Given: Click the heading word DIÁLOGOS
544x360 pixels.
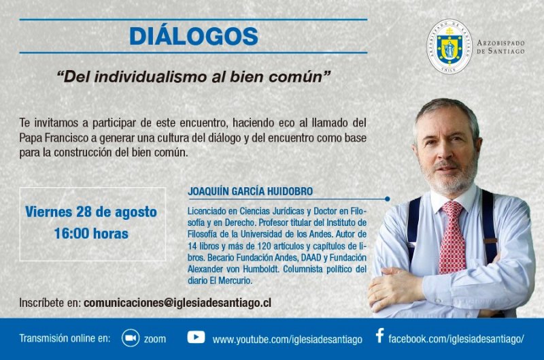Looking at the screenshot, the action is pos(194,36).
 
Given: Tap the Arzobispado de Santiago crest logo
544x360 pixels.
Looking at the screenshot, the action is pos(449,46).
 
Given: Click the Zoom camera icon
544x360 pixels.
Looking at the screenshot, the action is pos(131,338).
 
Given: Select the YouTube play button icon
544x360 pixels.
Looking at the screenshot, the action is pos(196,337).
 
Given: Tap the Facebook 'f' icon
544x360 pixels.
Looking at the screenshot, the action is pos(380,336).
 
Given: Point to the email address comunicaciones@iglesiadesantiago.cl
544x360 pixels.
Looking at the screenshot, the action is pos(177,303).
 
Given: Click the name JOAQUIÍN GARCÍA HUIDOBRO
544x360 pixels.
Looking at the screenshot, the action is pos(250,191).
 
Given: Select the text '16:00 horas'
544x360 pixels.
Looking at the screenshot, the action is pos(91,233).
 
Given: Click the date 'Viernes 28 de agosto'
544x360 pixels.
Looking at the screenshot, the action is pos(91,212).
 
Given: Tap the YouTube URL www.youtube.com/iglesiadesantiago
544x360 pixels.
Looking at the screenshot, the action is pos(287,340).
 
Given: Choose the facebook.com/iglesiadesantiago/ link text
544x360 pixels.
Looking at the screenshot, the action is pos(456,339).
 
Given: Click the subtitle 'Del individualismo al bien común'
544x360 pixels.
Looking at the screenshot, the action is pos(194,77).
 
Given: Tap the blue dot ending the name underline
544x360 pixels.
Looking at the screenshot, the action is pos(387,199).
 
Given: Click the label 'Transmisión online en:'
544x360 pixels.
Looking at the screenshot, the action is pos(65,338).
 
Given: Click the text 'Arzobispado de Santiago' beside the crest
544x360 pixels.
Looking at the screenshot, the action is pos(500,47).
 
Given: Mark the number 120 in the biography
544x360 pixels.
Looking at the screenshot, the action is pos(265,246).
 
